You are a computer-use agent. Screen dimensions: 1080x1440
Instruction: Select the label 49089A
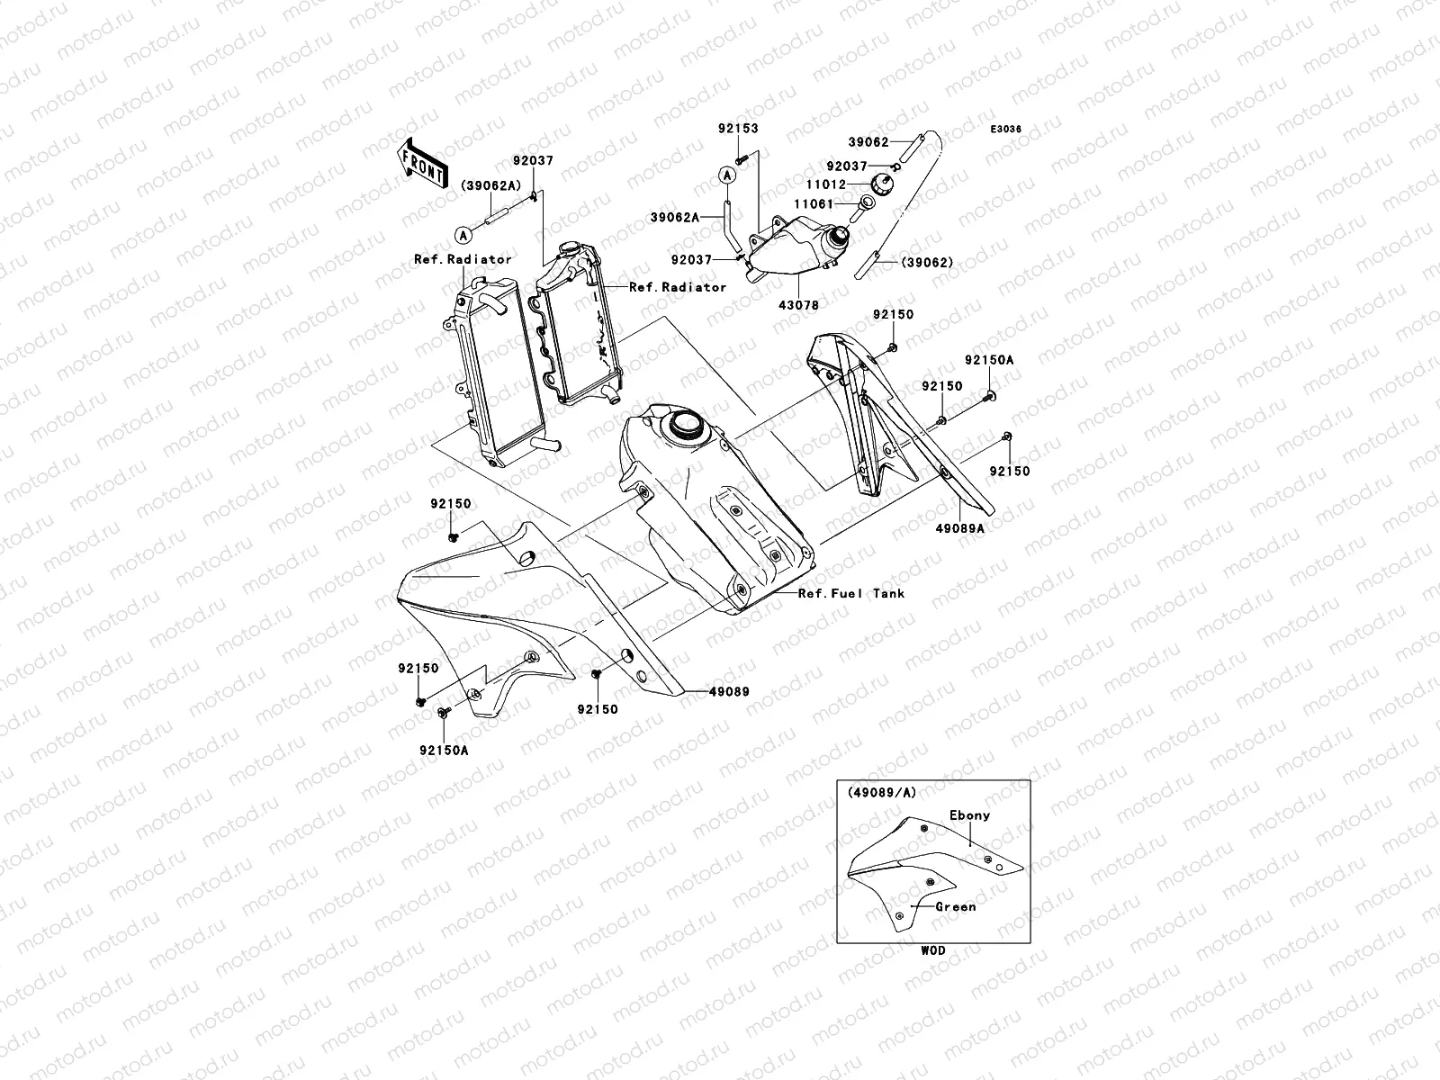(959, 529)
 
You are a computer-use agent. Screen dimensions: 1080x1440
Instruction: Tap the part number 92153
(738, 129)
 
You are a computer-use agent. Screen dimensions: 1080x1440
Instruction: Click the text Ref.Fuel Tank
(851, 594)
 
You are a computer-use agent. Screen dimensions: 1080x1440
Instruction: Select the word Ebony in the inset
(969, 815)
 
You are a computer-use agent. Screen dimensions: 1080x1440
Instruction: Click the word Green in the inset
(955, 907)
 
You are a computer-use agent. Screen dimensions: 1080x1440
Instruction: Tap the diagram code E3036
(1006, 130)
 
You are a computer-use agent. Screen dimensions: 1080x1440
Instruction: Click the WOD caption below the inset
(932, 950)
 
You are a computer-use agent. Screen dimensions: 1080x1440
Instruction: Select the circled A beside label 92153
(726, 175)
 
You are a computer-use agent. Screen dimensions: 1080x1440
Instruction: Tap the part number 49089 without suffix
(729, 692)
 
